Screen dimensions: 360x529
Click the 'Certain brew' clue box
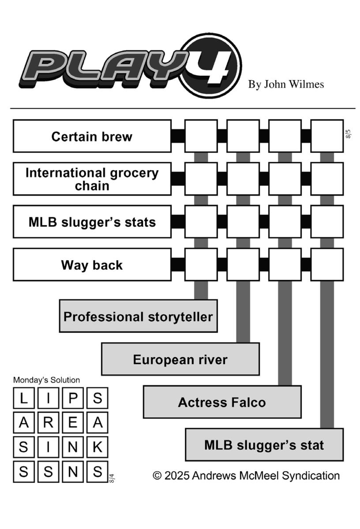click(92, 136)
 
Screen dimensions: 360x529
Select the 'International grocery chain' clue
click(92, 179)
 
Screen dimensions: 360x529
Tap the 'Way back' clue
click(92, 264)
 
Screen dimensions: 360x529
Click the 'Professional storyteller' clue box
click(138, 316)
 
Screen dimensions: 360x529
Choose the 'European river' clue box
click(180, 359)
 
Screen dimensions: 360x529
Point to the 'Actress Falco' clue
click(222, 402)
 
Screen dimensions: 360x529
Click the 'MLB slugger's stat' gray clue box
click(264, 445)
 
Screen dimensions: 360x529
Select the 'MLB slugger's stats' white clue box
click(92, 221)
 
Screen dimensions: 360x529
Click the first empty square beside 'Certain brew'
click(201, 136)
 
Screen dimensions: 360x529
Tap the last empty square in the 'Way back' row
click(327, 264)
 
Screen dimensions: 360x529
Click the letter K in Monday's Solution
click(97, 447)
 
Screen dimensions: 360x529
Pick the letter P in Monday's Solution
click(73, 398)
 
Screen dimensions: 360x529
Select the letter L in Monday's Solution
click(24, 398)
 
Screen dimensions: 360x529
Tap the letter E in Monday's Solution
click(73, 422)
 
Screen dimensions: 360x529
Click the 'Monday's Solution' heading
click(46, 380)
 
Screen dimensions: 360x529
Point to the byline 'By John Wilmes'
click(286, 84)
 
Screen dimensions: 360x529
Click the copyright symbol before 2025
click(157, 475)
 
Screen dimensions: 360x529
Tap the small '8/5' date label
click(348, 134)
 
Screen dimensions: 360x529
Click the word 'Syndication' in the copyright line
click(311, 476)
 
